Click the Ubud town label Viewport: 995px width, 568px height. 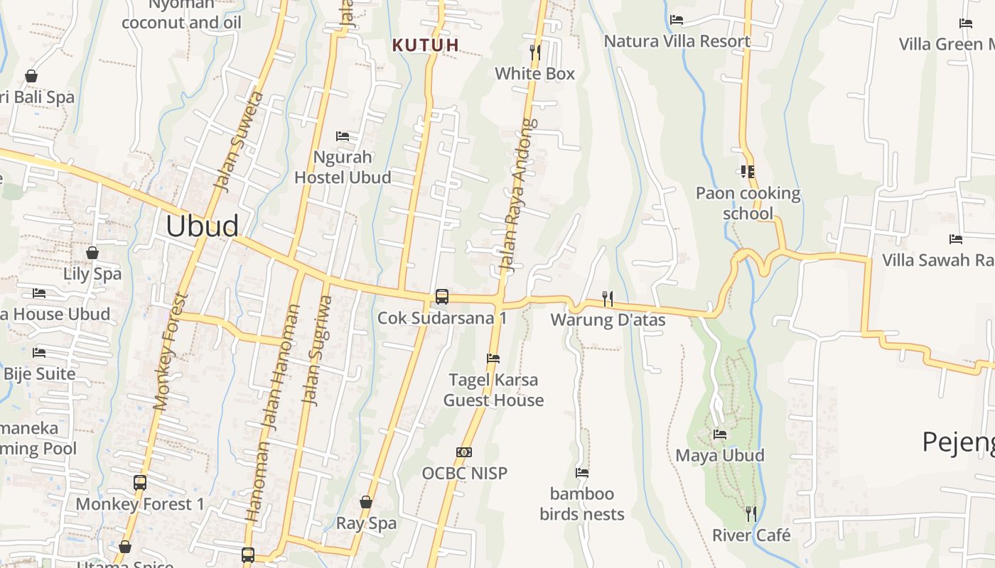(202, 226)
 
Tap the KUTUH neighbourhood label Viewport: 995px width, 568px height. (426, 45)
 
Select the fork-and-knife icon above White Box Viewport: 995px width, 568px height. (535, 52)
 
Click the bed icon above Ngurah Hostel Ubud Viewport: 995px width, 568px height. (343, 136)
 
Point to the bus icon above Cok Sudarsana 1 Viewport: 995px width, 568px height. (442, 297)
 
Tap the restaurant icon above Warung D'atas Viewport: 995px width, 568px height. (608, 298)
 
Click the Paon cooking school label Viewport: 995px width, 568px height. (748, 203)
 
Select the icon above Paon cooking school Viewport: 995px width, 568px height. (747, 171)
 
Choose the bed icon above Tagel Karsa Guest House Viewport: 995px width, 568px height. (493, 359)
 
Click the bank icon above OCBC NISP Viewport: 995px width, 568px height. (464, 452)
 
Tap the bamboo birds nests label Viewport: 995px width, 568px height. (582, 503)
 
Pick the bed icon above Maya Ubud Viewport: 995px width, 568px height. (720, 434)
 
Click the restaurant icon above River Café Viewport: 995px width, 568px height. (751, 513)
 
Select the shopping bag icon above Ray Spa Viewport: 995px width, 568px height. (366, 502)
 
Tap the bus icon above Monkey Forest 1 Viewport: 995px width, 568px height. (140, 483)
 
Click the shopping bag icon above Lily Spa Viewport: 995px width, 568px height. (92, 252)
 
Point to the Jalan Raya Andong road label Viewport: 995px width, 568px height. (517, 196)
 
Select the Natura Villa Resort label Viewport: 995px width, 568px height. (677, 41)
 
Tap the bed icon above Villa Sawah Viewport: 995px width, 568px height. (956, 239)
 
